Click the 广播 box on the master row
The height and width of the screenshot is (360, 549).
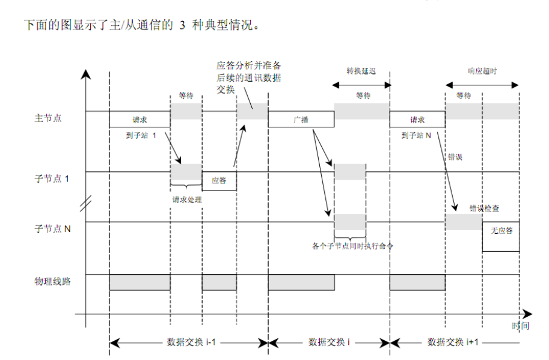[x=301, y=120]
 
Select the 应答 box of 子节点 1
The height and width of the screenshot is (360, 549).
[x=219, y=181]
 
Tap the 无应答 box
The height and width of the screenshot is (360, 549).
[x=501, y=237]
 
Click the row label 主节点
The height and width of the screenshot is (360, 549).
[x=48, y=118]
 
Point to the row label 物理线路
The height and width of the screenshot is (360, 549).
[x=52, y=281]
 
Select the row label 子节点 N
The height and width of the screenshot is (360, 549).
[x=52, y=229]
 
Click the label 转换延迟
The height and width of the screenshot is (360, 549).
[x=361, y=71]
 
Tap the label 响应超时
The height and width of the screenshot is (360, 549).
[x=482, y=71]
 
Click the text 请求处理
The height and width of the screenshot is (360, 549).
[x=187, y=200]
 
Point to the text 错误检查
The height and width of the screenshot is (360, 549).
[x=484, y=209]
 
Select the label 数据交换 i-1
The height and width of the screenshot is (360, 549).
[x=191, y=342]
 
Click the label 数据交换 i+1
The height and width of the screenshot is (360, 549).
[x=453, y=342]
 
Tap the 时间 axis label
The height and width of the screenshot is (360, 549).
[x=520, y=326]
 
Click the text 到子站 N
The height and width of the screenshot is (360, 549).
[x=416, y=135]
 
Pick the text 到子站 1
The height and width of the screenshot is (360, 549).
[x=141, y=135]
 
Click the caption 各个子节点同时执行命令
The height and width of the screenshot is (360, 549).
[x=352, y=246]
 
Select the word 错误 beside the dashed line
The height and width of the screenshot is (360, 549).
[x=455, y=157]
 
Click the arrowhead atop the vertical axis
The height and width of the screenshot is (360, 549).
[x=86, y=74]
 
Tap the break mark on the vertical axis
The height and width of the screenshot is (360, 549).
[x=86, y=203]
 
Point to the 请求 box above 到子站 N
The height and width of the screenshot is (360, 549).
[x=417, y=120]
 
